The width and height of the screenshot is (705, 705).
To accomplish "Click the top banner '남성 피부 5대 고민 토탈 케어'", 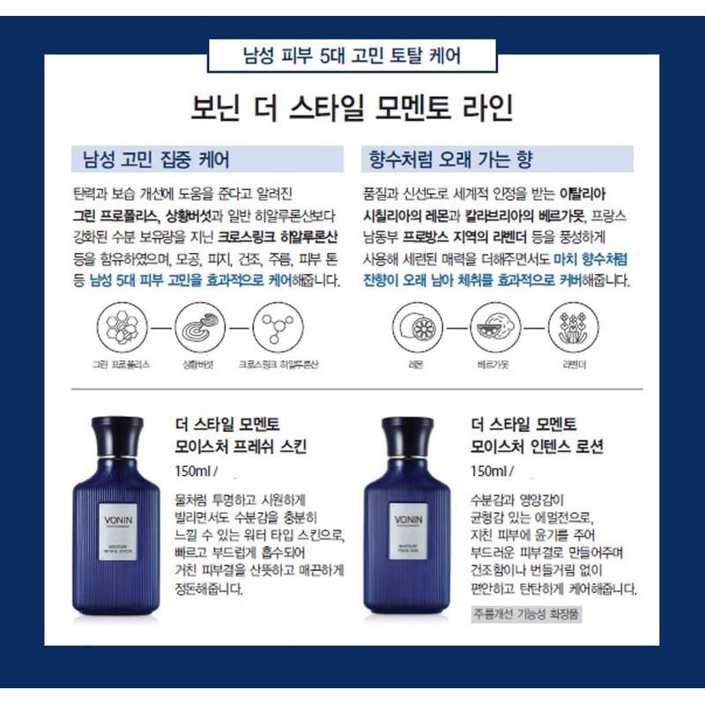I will click(352, 57).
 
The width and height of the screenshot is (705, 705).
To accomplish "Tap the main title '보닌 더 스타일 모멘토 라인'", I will click(352, 110).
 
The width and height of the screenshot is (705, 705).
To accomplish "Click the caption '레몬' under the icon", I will click(415, 363).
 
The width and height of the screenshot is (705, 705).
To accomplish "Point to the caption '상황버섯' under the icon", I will click(198, 363).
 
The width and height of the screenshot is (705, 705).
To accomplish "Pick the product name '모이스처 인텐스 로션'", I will click(538, 446).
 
